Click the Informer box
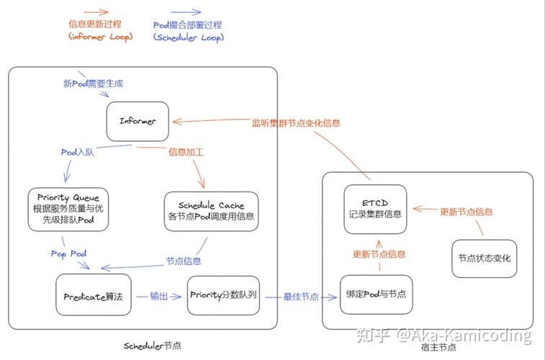click(x=138, y=122)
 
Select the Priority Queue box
click(x=69, y=210)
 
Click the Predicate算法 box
click(x=94, y=295)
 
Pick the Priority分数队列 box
click(x=224, y=295)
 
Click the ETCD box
click(x=374, y=206)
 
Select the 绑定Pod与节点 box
click(x=376, y=294)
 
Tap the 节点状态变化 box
click(x=484, y=258)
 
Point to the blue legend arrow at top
click(x=186, y=12)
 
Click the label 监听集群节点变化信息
click(x=295, y=123)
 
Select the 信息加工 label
click(x=186, y=152)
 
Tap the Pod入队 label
click(x=78, y=152)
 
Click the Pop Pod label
click(x=68, y=253)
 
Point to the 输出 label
click(x=159, y=296)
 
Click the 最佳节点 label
click(x=301, y=296)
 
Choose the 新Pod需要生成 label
click(x=94, y=84)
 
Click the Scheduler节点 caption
click(x=153, y=346)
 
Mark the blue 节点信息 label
click(x=184, y=261)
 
